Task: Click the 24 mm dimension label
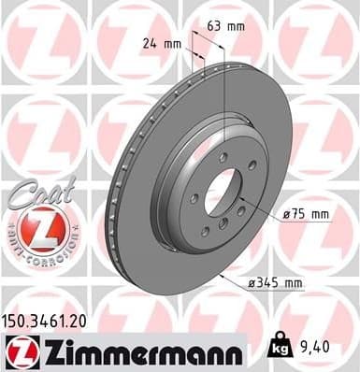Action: click(161, 43)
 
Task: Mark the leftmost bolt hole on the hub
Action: click(186, 198)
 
